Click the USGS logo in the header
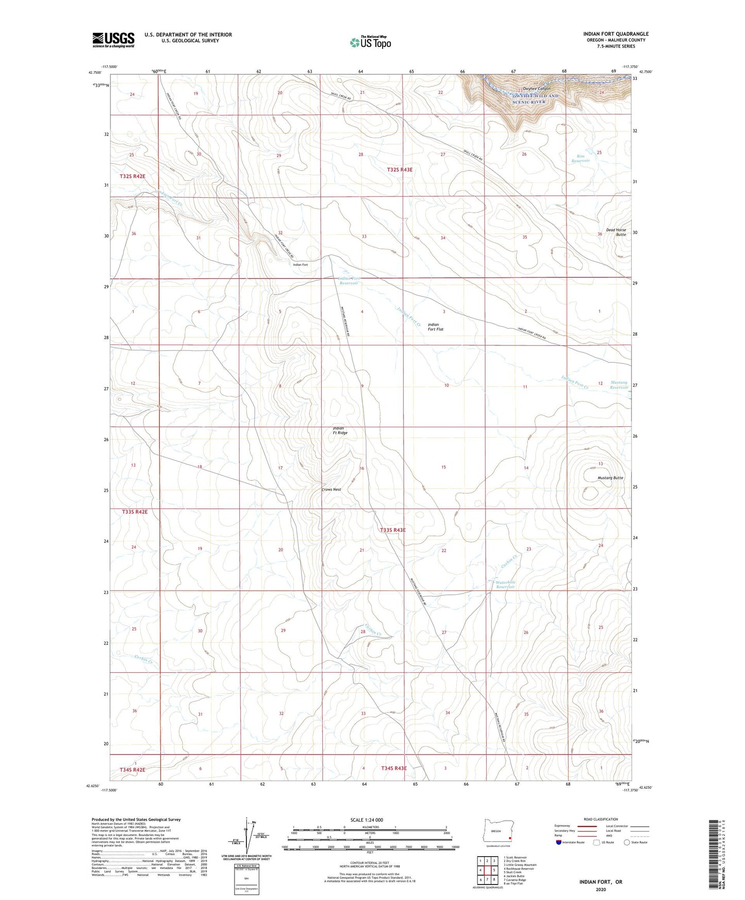(x=113, y=40)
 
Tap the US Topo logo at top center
(x=370, y=42)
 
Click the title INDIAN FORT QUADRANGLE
(x=616, y=34)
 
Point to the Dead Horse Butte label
(x=616, y=232)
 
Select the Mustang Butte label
(x=610, y=478)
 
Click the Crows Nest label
(x=332, y=490)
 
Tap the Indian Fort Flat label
(x=436, y=327)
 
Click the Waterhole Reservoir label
(x=506, y=585)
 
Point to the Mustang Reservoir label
(x=619, y=385)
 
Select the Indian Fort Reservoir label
(x=349, y=281)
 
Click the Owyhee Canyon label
(x=536, y=89)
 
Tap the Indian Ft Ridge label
(x=340, y=430)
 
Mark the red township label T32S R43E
(x=400, y=169)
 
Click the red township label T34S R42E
(x=133, y=770)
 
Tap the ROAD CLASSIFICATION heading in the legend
(x=601, y=819)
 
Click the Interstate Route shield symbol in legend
(x=559, y=842)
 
